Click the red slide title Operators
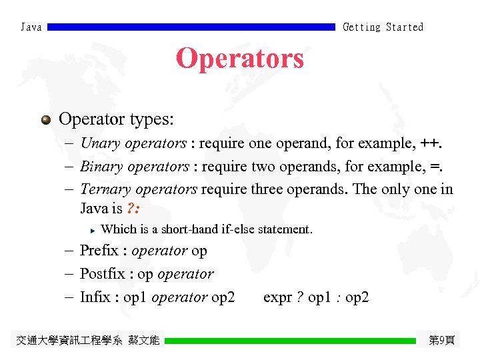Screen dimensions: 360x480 tap(240, 59)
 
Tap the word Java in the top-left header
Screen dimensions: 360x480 tap(31, 27)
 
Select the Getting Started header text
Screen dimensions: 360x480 tap(383, 27)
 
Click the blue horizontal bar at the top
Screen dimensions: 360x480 tap(191, 27)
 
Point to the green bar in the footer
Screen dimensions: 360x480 tap(290, 341)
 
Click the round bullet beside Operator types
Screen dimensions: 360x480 tap(45, 120)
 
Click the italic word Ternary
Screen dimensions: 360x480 tap(105, 189)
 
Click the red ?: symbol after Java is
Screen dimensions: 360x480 tap(133, 209)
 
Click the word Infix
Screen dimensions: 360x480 tap(95, 297)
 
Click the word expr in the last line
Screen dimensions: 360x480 tap(277, 298)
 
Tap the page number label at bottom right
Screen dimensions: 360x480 tap(441, 341)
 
